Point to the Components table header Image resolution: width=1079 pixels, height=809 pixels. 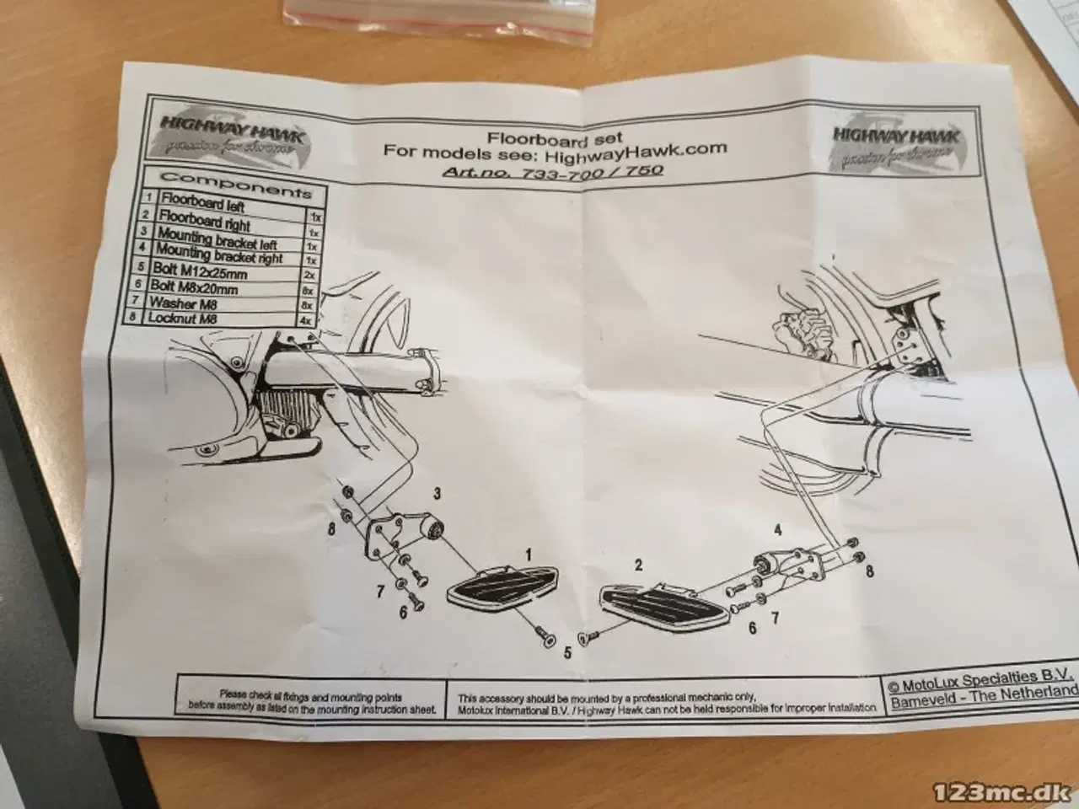235,184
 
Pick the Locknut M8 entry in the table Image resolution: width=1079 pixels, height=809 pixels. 184,319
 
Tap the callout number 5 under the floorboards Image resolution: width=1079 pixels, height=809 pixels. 566,651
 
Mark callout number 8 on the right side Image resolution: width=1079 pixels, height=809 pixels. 869,571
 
